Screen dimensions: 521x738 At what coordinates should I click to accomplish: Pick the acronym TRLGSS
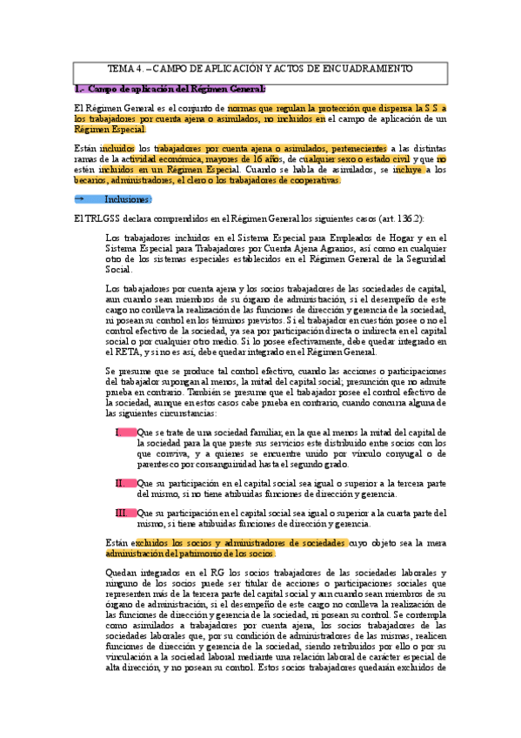tap(107, 218)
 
